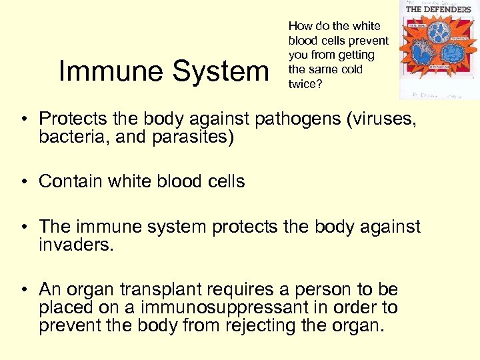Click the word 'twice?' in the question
click(x=304, y=84)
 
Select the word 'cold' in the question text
click(x=350, y=69)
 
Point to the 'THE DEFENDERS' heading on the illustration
click(x=438, y=9)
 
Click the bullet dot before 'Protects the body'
click(x=23, y=119)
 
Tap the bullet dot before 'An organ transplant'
click(x=23, y=290)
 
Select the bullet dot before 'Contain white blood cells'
click(x=23, y=181)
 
